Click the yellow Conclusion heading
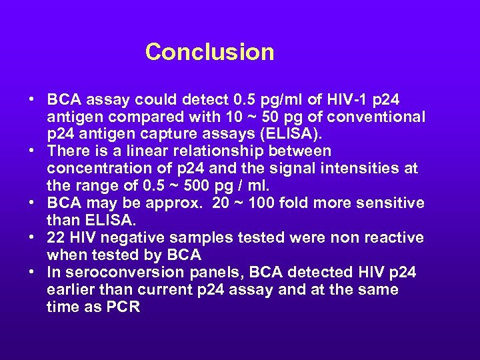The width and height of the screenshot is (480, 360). click(x=209, y=52)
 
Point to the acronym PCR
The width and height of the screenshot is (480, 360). click(x=122, y=307)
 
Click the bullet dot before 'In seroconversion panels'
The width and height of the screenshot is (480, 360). click(x=33, y=273)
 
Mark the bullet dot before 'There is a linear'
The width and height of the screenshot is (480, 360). click(x=33, y=151)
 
